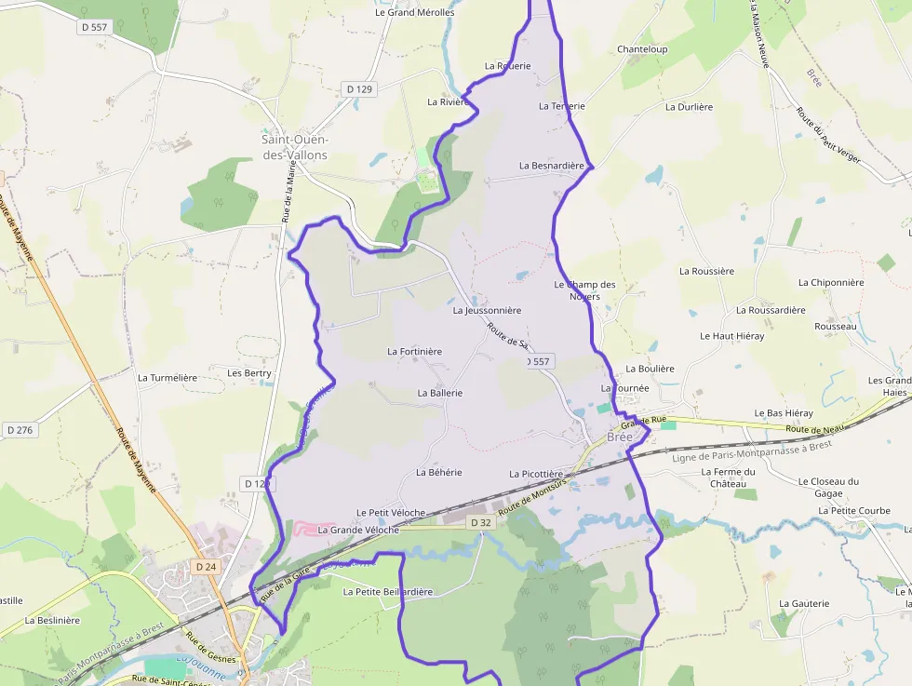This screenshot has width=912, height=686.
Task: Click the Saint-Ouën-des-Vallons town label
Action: (x=295, y=147)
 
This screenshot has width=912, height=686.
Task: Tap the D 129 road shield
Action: (x=358, y=89)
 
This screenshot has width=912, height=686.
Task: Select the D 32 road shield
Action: (x=480, y=523)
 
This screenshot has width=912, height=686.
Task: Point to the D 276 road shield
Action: (x=19, y=430)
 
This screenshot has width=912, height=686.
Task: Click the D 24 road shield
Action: (x=206, y=566)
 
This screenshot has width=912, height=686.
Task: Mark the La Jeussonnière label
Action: (x=487, y=310)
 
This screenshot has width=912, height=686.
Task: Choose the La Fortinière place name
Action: (x=414, y=351)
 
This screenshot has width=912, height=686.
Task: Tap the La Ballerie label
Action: (x=440, y=393)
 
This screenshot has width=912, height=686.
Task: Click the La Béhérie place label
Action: (x=439, y=473)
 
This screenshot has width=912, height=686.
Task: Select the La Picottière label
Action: (x=537, y=474)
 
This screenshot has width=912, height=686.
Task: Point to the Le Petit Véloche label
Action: (x=391, y=513)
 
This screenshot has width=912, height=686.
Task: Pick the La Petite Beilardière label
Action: (x=388, y=591)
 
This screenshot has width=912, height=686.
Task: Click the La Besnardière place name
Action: (x=551, y=166)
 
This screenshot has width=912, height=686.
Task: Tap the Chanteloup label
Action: (x=642, y=49)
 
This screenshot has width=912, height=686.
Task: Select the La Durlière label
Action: (x=689, y=107)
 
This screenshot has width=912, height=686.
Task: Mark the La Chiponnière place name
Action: (x=831, y=282)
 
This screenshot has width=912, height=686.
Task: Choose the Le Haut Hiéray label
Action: (x=732, y=335)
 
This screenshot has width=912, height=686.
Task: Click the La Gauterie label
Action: (x=804, y=603)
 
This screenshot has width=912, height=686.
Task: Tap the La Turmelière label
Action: (x=168, y=378)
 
